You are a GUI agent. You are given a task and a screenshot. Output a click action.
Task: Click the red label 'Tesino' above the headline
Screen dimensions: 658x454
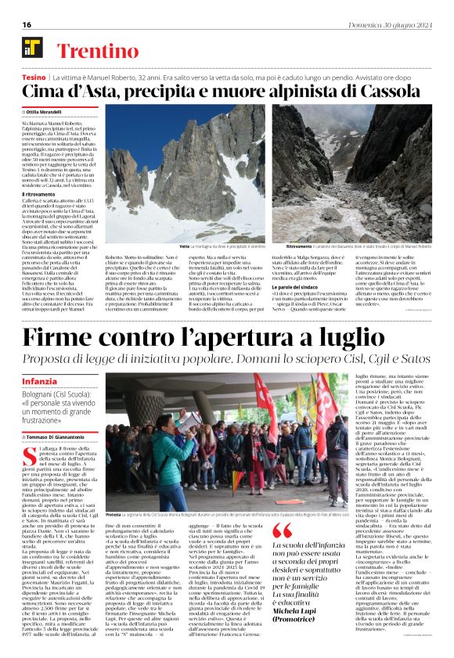pyautogui.click(x=34, y=79)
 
